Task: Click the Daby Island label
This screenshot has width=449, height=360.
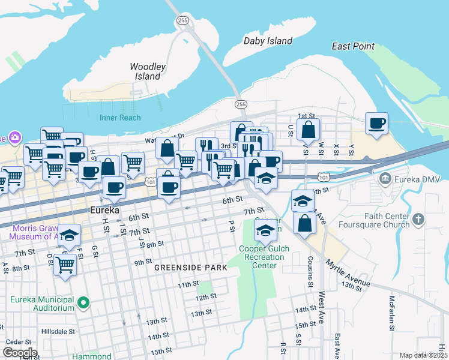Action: point(268,41)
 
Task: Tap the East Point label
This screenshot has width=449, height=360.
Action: point(353,46)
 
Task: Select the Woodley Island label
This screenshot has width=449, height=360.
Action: point(148,71)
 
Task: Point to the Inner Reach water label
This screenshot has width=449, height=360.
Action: point(120,118)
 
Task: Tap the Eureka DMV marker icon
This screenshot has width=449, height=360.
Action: point(384,179)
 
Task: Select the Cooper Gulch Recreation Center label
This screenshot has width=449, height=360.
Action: point(264,257)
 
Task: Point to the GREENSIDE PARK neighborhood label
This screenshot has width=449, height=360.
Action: point(190,268)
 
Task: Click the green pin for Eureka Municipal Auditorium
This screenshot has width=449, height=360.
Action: point(84,303)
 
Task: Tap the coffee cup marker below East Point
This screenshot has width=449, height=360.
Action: point(376,124)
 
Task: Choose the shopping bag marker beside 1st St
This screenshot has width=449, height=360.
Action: point(308,129)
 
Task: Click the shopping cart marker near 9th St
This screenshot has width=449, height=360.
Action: point(65,264)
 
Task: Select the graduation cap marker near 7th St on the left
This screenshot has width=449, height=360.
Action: point(70,235)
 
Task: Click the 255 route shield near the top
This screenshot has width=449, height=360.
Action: point(182,20)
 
